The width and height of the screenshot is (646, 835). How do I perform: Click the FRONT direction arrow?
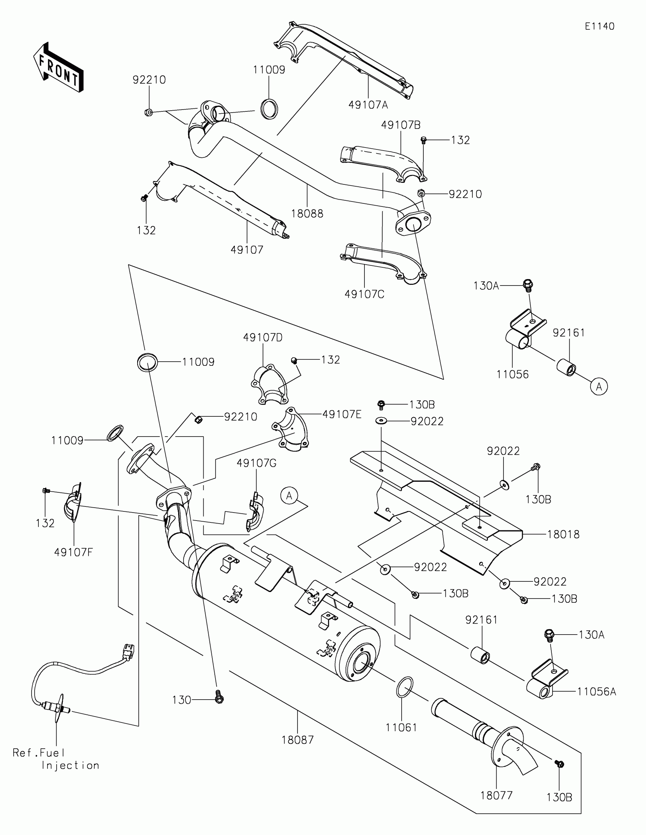58,67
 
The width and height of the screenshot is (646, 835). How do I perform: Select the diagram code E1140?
599,26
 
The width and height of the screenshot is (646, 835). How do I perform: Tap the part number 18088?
307,214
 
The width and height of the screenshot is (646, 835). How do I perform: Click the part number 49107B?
401,125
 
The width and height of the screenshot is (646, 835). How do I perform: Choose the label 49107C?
364,294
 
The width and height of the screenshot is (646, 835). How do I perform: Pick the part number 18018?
563,534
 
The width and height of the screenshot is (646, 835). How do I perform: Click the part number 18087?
298,740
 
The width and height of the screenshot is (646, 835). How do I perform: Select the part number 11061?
401,727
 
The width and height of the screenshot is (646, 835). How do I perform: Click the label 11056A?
596,691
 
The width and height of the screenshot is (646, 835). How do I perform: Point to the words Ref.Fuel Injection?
56,759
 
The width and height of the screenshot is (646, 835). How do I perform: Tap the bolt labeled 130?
219,698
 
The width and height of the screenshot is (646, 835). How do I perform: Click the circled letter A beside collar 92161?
598,387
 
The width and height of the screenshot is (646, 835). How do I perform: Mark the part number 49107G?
256,463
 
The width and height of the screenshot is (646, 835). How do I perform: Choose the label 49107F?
73,552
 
